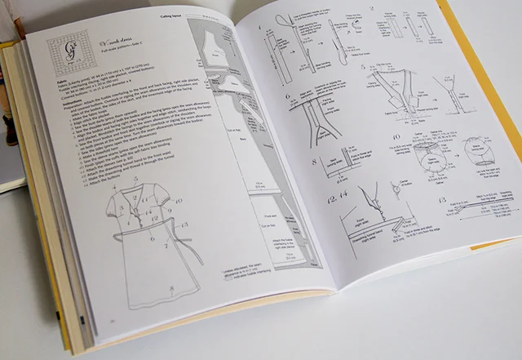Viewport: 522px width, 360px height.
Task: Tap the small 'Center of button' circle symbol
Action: (394, 189)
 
